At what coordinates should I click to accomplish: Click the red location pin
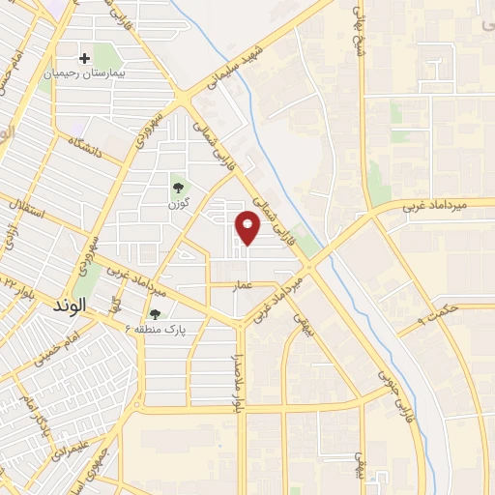[x=248, y=227]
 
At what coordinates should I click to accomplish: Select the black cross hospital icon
[x=86, y=59]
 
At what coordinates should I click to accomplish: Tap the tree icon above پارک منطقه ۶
[x=155, y=313]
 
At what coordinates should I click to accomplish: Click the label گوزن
[x=177, y=204]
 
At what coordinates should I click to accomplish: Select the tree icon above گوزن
[x=177, y=188]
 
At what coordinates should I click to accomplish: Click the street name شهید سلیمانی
[x=233, y=66]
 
